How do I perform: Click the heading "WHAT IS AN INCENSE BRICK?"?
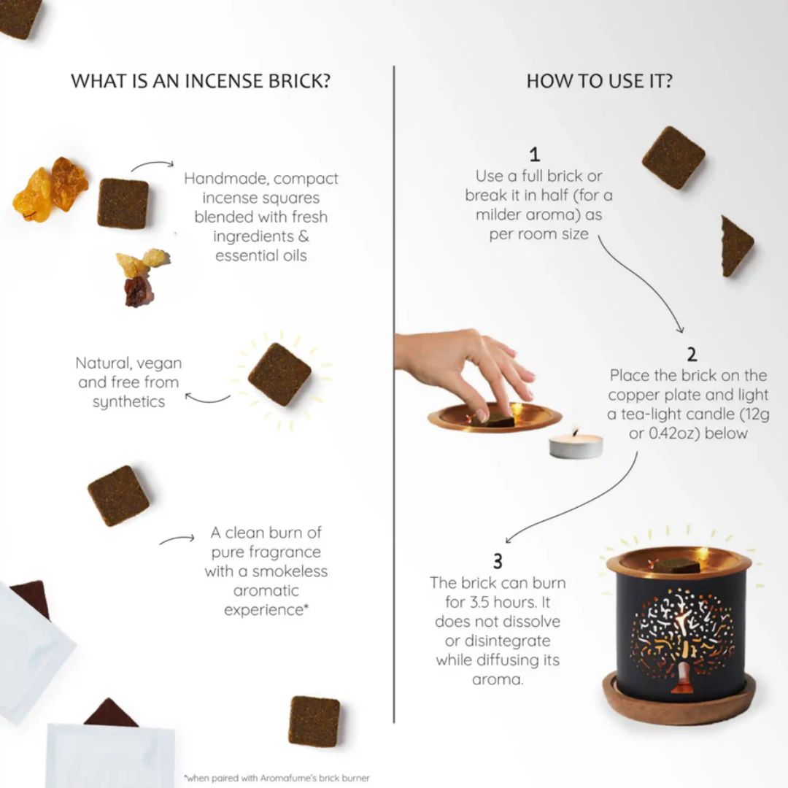point(200,80)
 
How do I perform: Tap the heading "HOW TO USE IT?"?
point(599,80)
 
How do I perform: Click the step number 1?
point(535,155)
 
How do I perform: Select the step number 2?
point(691,355)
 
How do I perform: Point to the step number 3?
point(498,561)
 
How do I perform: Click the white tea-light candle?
point(576,444)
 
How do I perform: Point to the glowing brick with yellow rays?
point(279,374)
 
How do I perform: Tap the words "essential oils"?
point(260,255)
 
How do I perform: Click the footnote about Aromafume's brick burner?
point(277,778)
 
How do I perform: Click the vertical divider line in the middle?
point(394,394)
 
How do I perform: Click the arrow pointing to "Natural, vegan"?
point(208,398)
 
